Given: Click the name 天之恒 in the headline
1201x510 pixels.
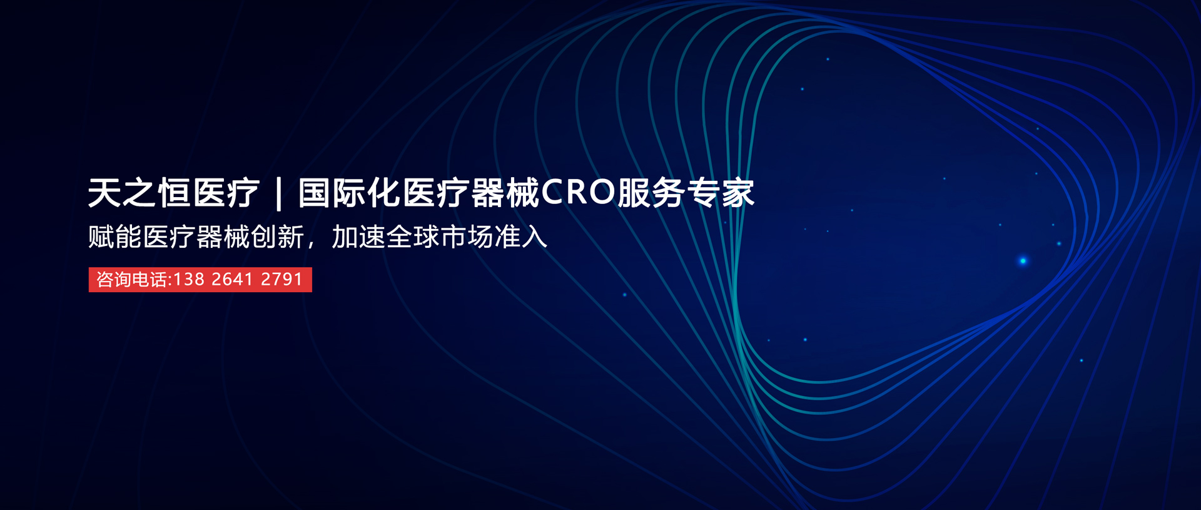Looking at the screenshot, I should coord(139,193).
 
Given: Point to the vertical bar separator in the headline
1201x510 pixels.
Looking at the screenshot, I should coord(278,193).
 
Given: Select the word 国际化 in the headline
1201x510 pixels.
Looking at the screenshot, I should coord(349,193).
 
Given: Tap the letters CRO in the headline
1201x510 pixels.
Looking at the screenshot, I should coord(578,193).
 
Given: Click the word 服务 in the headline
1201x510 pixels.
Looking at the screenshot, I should coord(651,193).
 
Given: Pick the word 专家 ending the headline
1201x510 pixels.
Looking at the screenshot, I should coord(721,193).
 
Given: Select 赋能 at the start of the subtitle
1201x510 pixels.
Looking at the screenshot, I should coord(115,237).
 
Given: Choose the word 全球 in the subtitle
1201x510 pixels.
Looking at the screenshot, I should coord(412,237).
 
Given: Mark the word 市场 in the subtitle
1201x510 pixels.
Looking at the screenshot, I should coord(467,237).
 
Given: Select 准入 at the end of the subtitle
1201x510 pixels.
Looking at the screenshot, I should coord(520,237).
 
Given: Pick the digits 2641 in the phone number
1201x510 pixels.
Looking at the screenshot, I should coord(232,279).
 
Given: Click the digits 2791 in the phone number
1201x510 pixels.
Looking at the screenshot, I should coord(281,279).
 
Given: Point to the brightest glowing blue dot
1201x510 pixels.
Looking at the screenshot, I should coord(1023,261).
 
